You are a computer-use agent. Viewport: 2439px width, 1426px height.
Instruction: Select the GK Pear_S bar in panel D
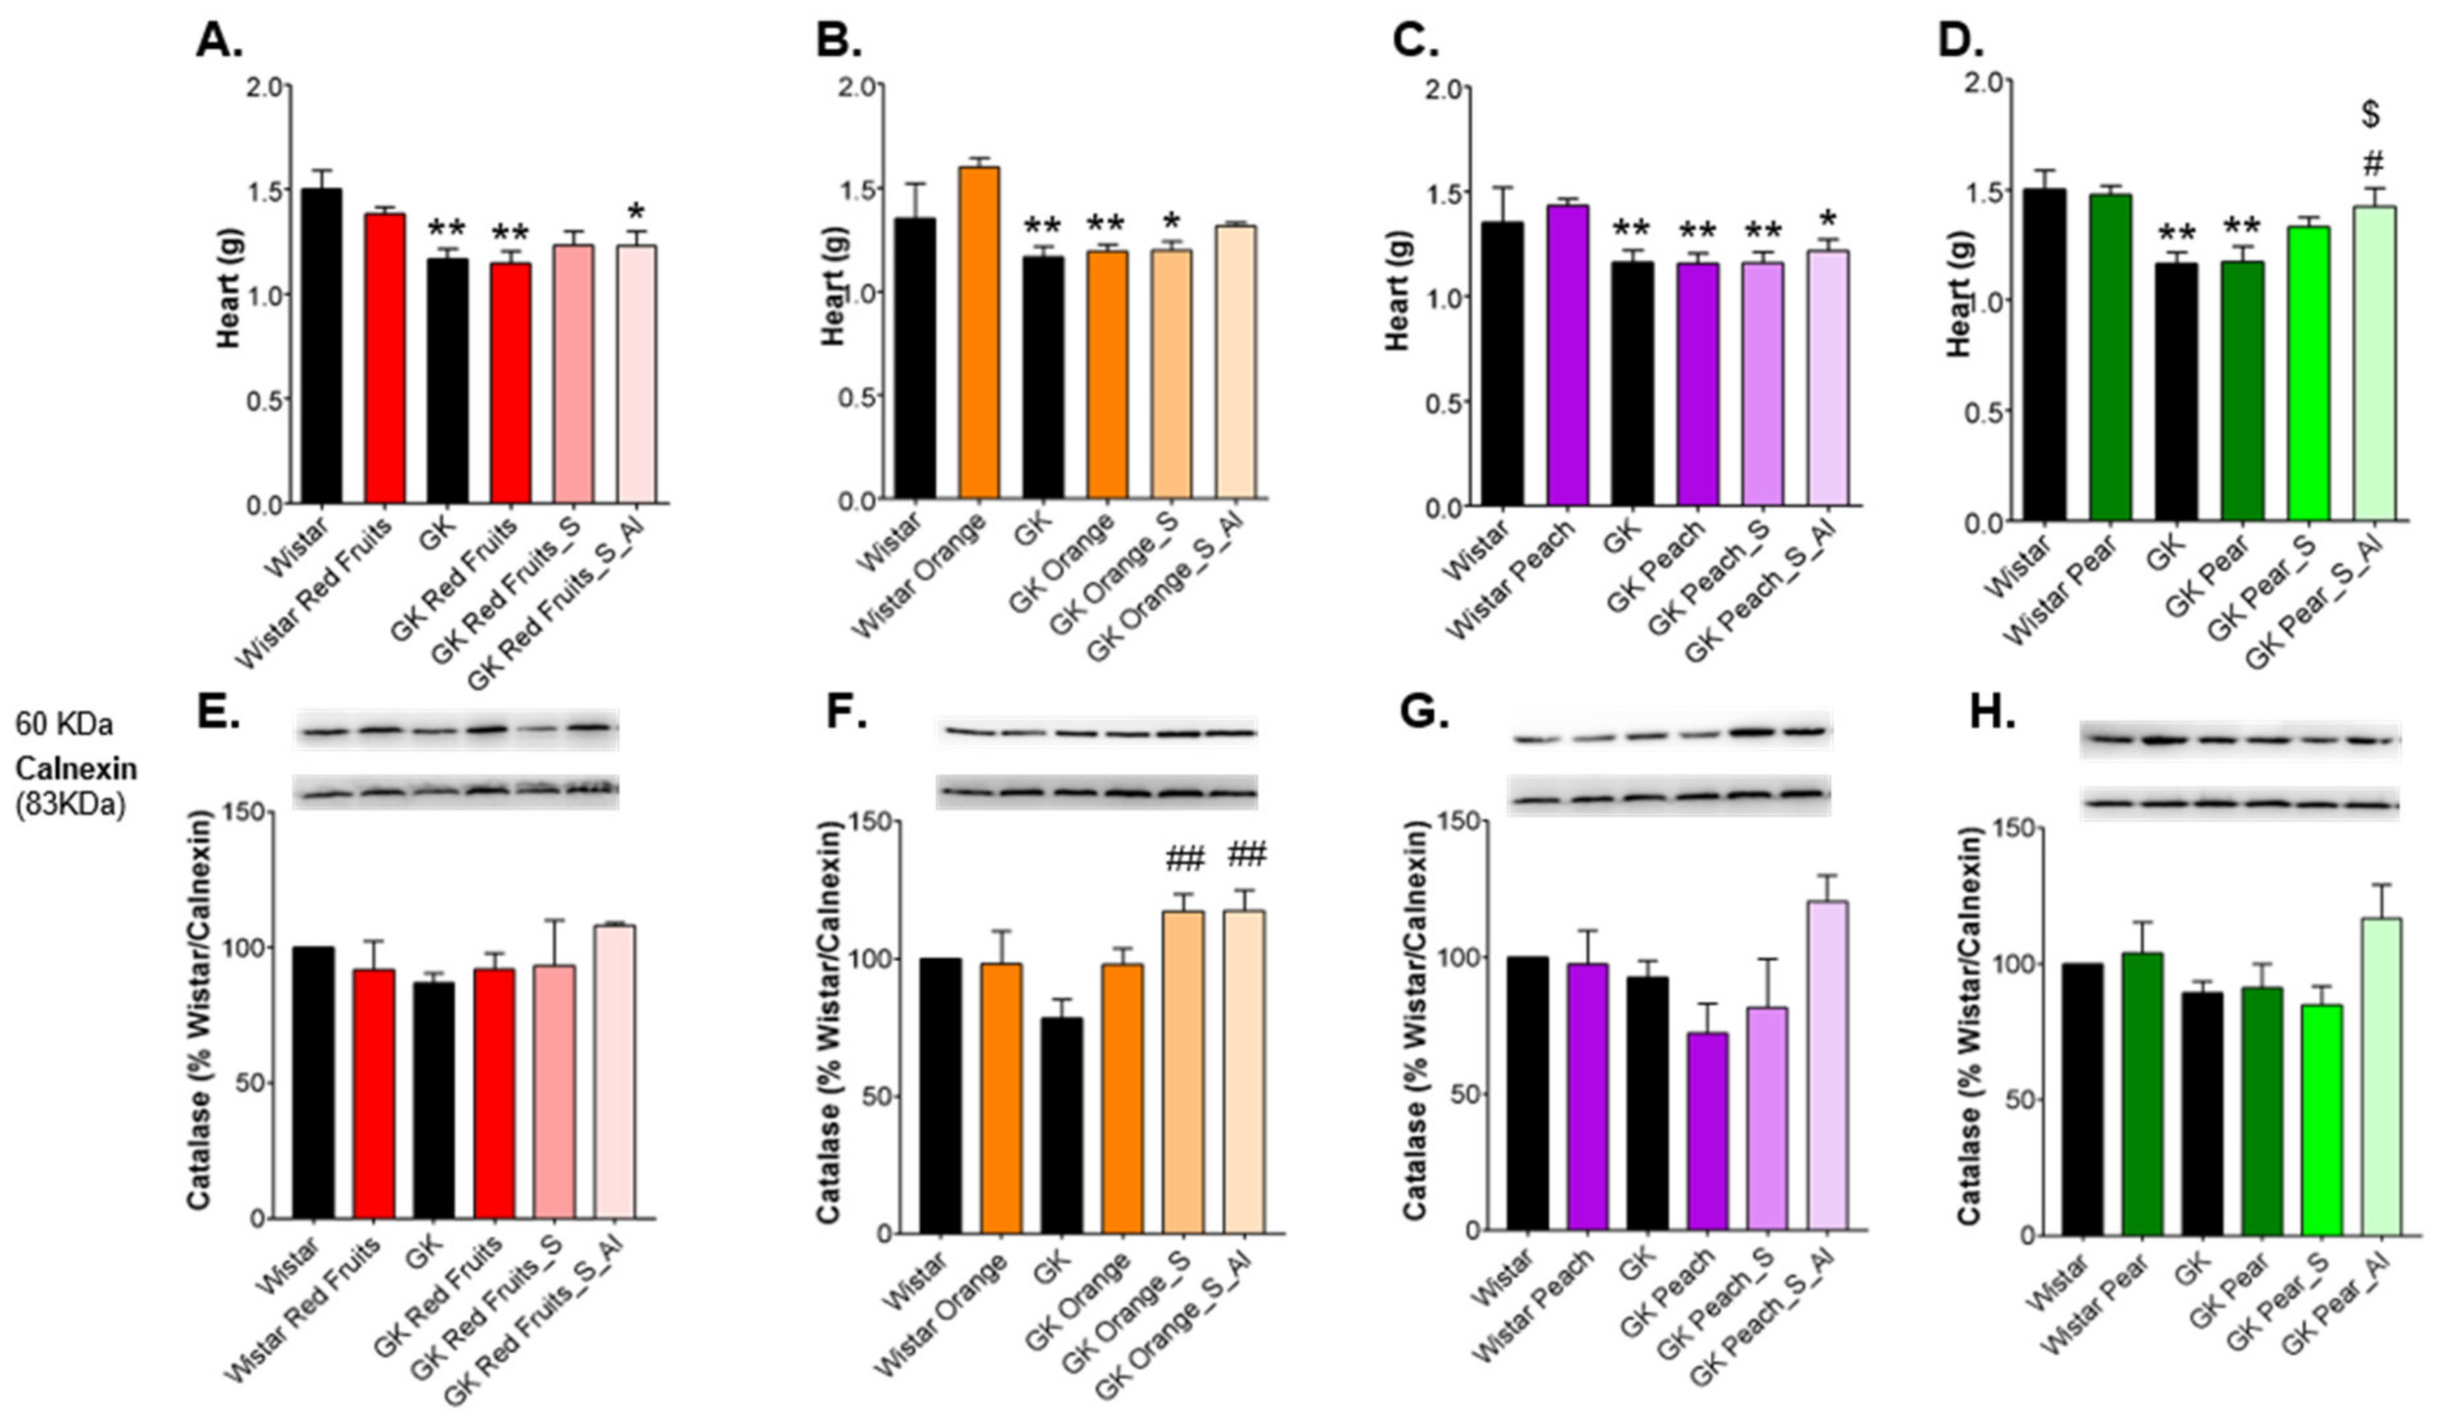[x=2307, y=373]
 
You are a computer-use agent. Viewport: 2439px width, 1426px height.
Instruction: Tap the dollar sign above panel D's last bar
[x=2370, y=115]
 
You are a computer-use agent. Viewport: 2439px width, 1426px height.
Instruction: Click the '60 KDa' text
[x=64, y=724]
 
